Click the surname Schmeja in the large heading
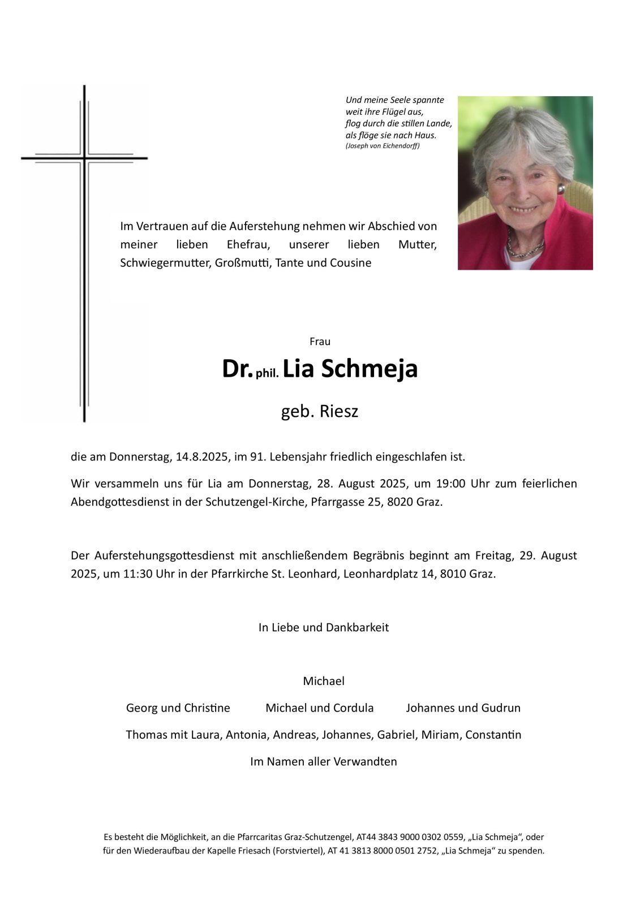click(369, 369)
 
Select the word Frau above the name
click(320, 342)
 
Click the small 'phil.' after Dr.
click(267, 373)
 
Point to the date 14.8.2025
click(201, 456)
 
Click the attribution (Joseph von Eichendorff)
click(383, 146)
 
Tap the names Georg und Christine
click(178, 708)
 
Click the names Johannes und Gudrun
click(463, 708)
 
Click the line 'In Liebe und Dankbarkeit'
click(323, 627)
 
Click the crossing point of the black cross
click(84, 158)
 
